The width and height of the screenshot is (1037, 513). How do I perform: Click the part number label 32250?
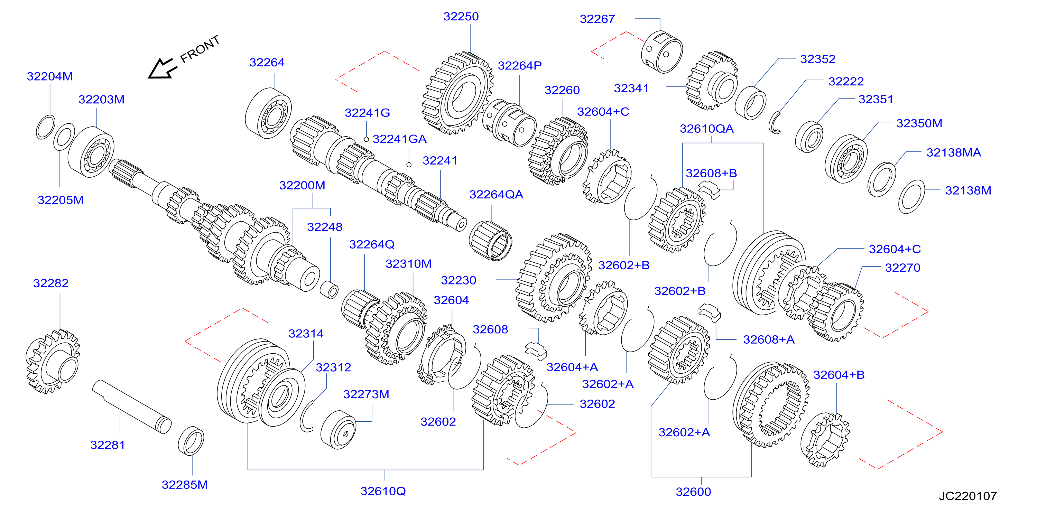tap(461, 17)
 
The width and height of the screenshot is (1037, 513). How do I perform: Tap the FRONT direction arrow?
tap(162, 69)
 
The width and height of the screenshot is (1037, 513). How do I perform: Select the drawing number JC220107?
tap(968, 496)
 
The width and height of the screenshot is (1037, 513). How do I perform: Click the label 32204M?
tap(49, 76)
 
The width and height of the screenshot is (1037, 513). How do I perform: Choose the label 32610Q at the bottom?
tap(383, 491)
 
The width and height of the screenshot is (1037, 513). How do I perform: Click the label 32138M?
tap(968, 190)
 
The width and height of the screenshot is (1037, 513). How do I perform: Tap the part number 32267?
tap(597, 19)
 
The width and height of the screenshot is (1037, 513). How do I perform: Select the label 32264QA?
tap(496, 194)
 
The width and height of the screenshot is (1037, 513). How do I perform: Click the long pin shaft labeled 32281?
tap(132, 407)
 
